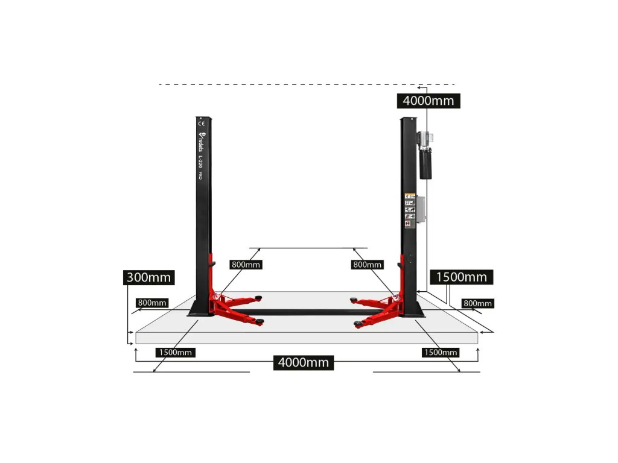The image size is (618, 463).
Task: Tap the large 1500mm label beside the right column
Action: (461, 277)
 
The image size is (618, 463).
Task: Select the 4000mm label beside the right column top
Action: (428, 101)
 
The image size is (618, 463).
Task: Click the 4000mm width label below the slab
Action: (304, 362)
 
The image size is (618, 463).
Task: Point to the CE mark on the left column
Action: (202, 125)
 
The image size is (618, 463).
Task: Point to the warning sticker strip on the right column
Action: (410, 210)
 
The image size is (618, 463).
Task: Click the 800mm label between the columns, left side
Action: (246, 264)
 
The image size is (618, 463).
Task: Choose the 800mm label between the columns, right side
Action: (367, 264)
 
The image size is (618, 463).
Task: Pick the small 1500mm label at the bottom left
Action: (176, 352)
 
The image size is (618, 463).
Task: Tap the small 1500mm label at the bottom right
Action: (441, 352)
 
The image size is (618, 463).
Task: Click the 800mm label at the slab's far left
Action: (152, 303)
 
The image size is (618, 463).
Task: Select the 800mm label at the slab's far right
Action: (477, 303)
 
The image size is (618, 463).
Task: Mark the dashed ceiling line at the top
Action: (307, 84)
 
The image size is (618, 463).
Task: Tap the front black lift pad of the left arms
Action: (260, 323)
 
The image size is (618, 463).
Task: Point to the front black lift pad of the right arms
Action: (358, 324)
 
